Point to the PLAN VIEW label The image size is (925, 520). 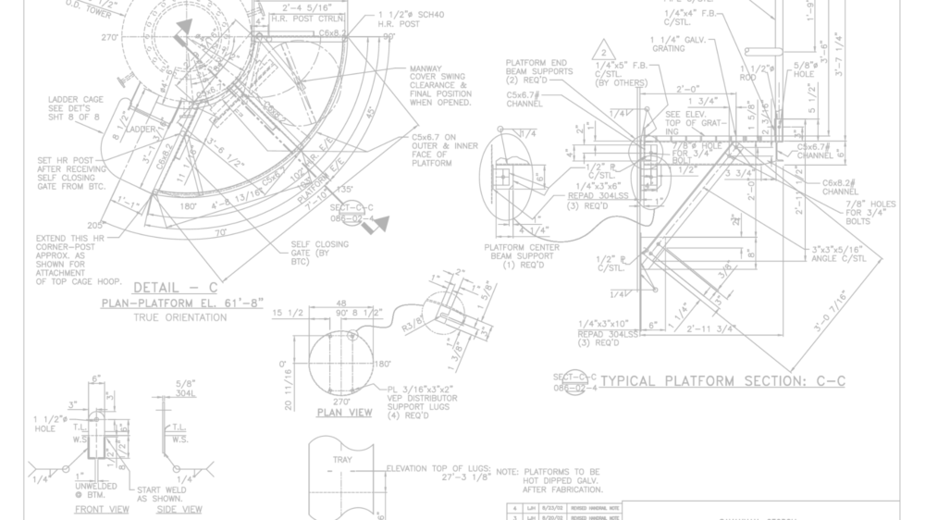pos(343,413)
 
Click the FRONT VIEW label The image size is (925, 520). pos(102,510)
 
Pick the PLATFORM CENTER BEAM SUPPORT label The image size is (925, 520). pos(520,255)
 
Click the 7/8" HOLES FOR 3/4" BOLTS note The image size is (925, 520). pos(869,212)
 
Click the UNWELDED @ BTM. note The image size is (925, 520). pos(95,490)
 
